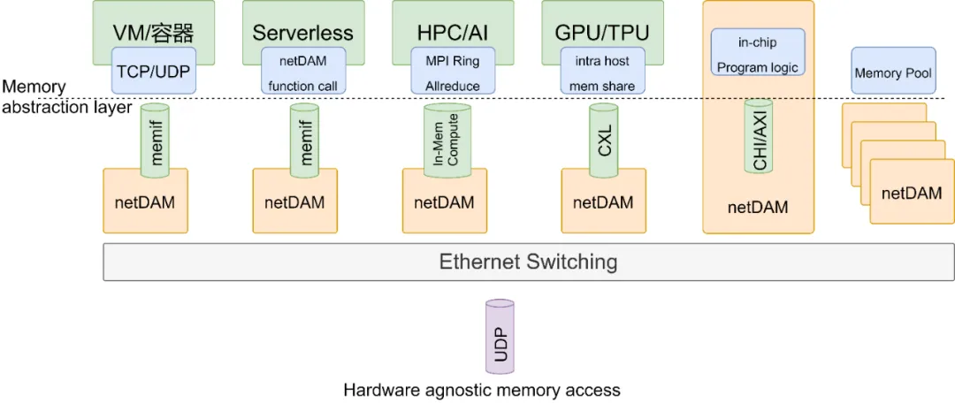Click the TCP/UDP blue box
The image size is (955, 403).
(152, 71)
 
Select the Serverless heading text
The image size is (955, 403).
(302, 34)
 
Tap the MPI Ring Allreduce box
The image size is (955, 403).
(452, 71)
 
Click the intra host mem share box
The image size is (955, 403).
(603, 71)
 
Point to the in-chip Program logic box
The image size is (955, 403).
(757, 54)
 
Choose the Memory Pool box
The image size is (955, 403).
(893, 74)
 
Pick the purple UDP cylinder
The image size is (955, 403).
(500, 337)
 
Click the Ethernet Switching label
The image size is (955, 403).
(528, 262)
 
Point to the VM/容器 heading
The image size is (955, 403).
(153, 34)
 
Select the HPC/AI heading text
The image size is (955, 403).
(453, 34)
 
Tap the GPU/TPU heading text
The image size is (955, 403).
(602, 34)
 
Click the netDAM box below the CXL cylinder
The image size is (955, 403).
(603, 202)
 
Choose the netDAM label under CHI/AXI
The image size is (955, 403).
(757, 209)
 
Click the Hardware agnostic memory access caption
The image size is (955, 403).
(482, 390)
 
